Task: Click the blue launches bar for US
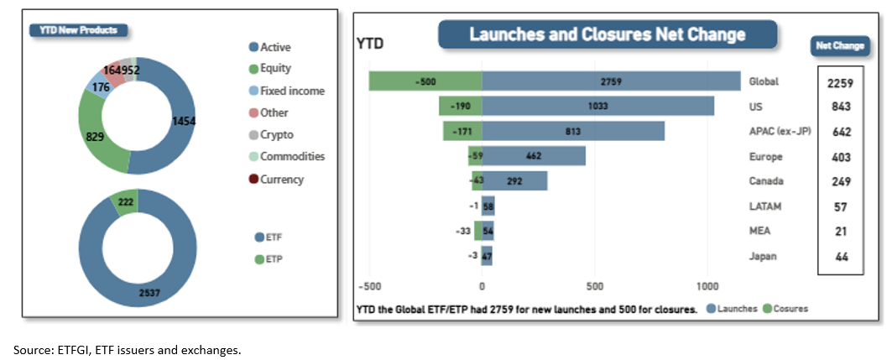597,106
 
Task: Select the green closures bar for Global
425,81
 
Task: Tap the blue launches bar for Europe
534,156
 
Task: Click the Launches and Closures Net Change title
607,34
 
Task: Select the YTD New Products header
79,30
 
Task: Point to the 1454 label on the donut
184,121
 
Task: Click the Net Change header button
839,46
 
